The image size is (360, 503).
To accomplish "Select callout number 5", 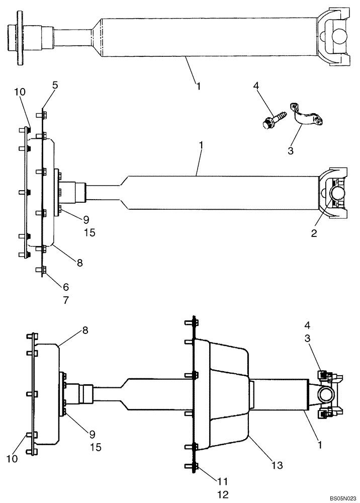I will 55,85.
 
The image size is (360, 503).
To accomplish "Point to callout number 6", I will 66,287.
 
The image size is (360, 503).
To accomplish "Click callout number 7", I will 66,300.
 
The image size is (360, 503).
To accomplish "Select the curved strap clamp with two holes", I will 305,117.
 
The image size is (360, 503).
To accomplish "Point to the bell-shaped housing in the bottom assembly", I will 221,392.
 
